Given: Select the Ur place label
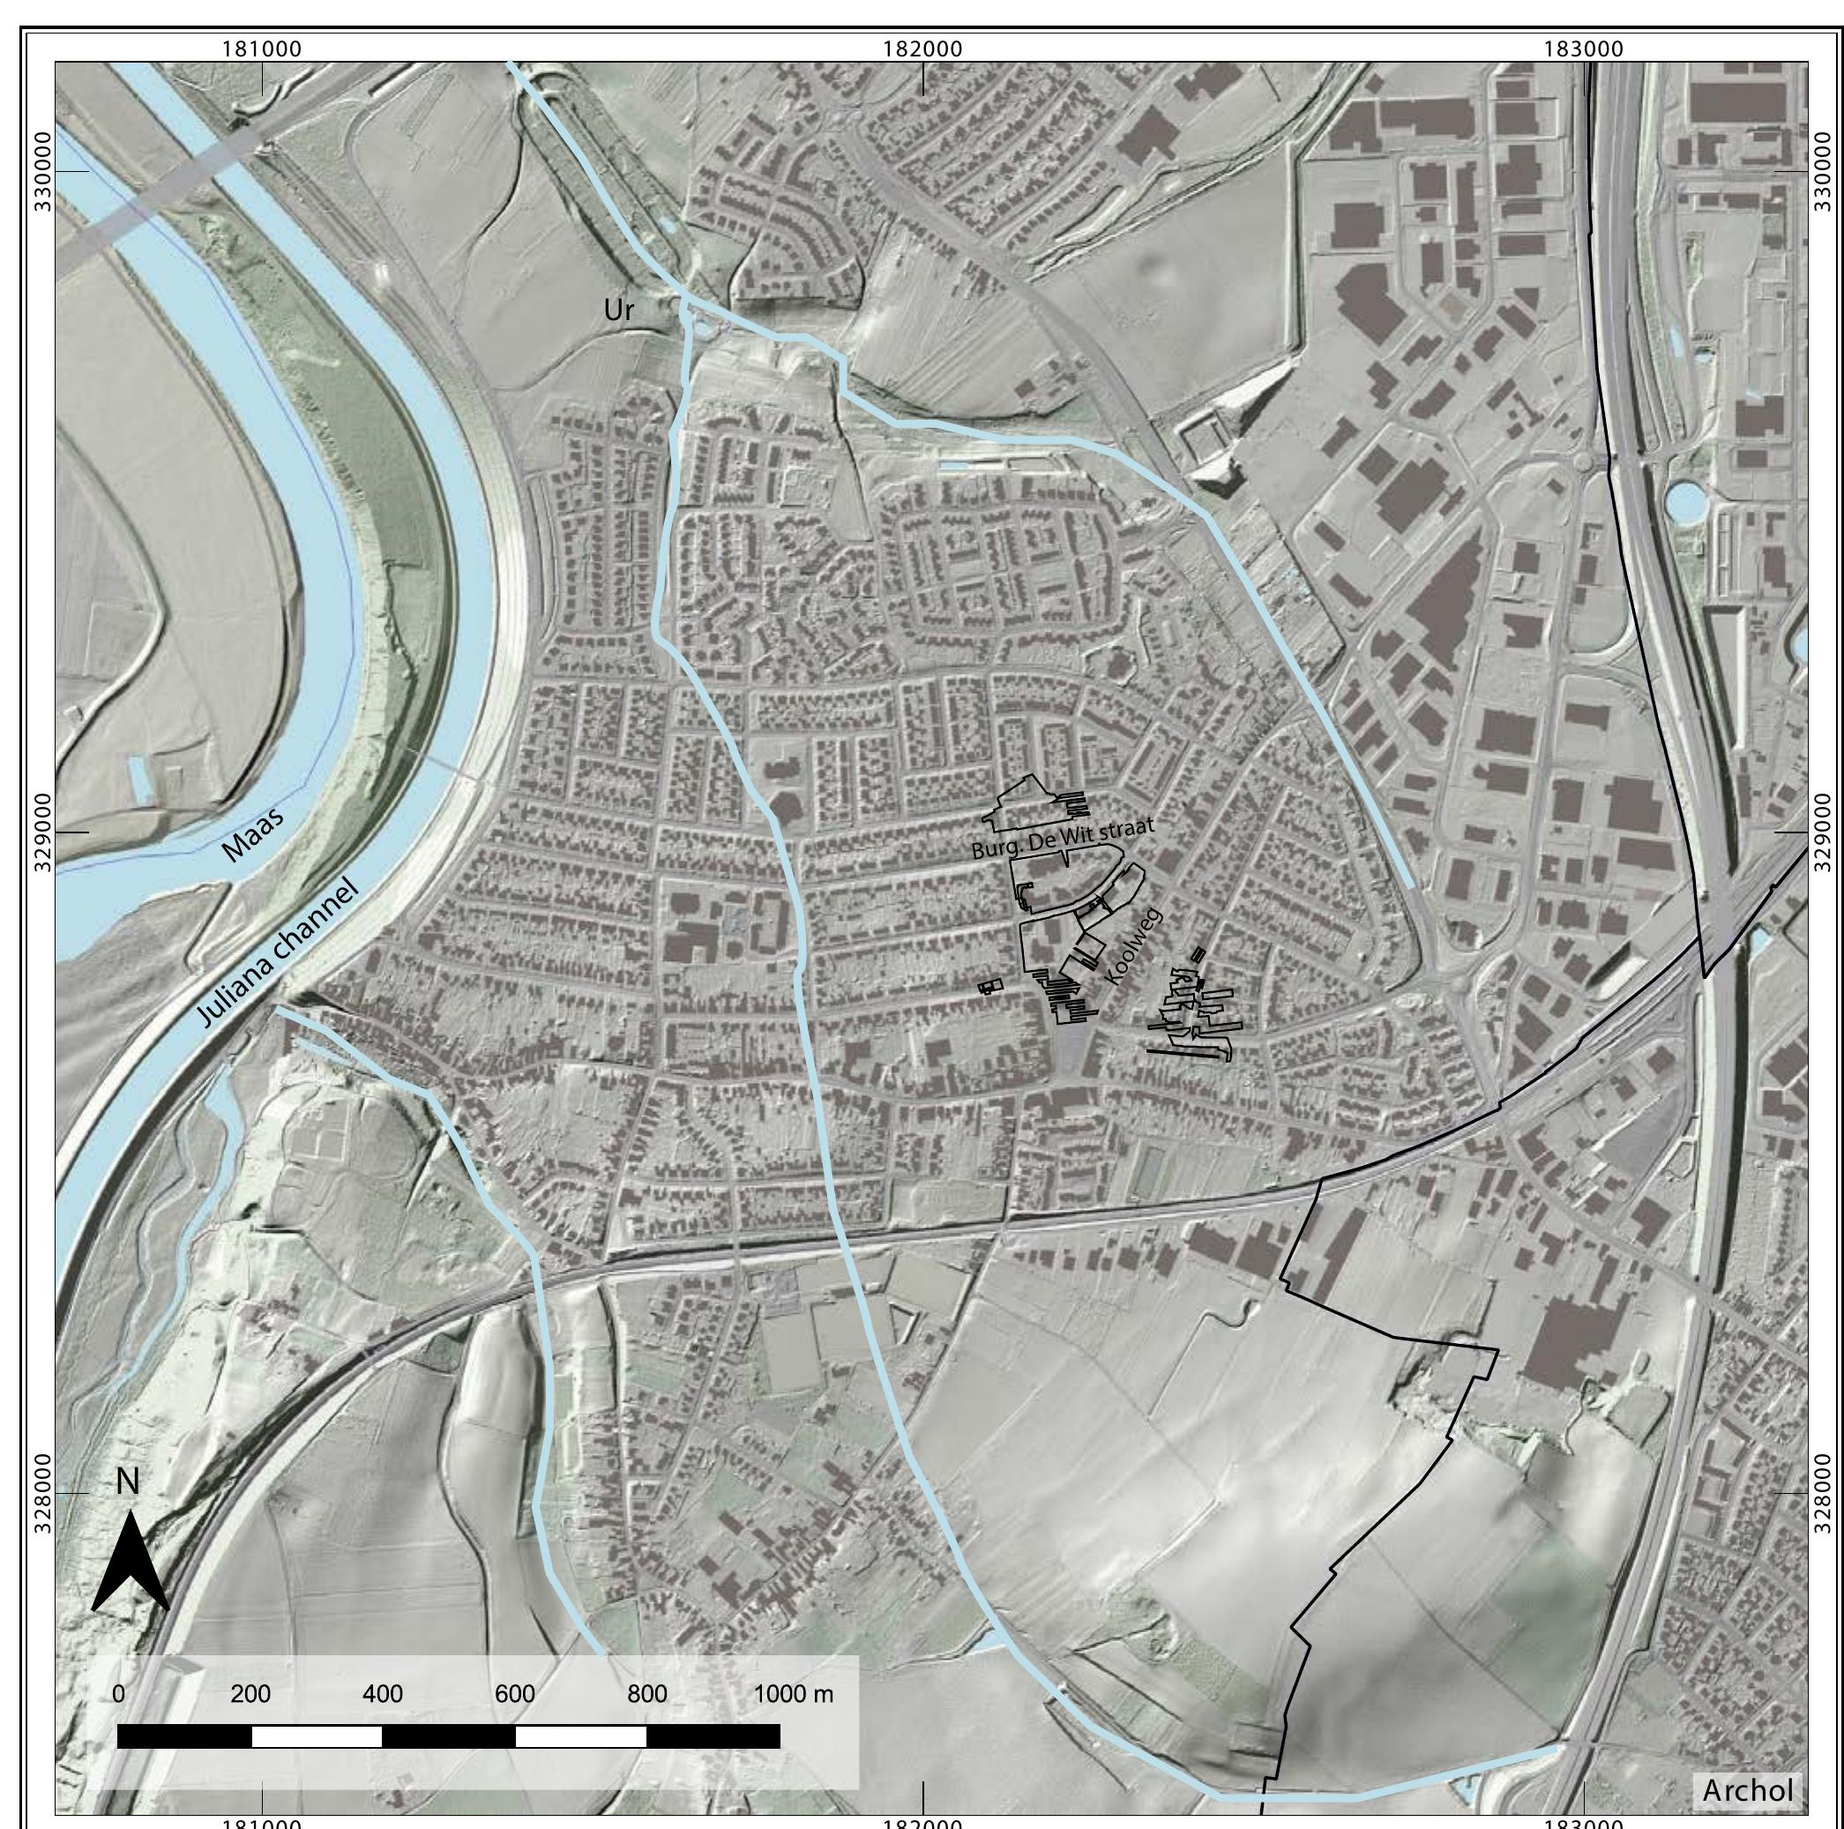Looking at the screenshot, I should tap(618, 310).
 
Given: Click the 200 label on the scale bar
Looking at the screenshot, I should tap(250, 1694).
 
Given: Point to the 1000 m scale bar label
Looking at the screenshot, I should tap(793, 1694).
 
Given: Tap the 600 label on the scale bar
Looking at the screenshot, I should tap(514, 1694).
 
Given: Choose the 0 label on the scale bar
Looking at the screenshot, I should tap(118, 1694).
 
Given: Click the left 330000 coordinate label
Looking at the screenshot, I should tap(43, 172).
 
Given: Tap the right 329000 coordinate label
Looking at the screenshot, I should tap(1822, 832).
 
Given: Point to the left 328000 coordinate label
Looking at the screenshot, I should tap(43, 1494).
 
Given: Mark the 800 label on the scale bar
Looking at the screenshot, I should tap(647, 1694).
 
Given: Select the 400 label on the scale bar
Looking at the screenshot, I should tap(383, 1694).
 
